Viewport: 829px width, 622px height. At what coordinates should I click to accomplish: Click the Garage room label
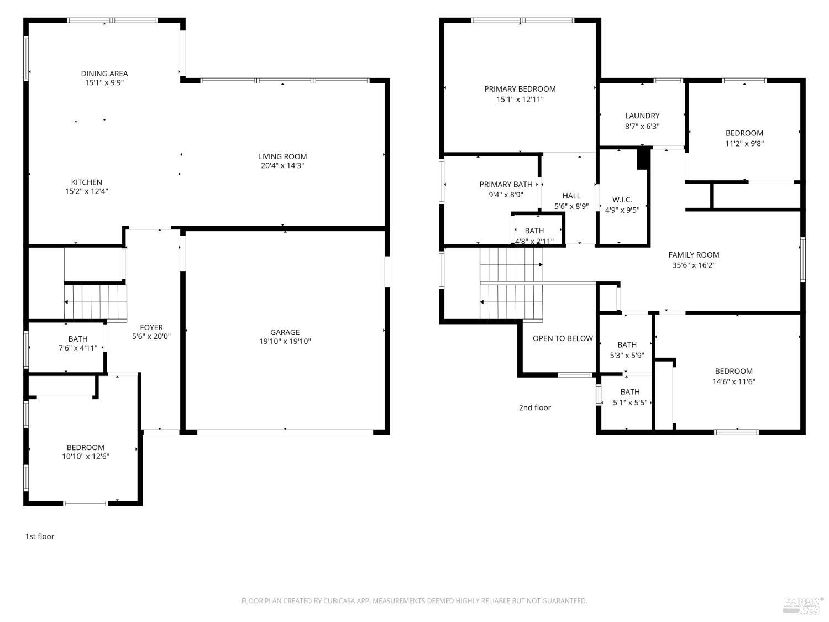tap(285, 332)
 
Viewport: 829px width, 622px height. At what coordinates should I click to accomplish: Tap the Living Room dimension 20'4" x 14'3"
tap(282, 166)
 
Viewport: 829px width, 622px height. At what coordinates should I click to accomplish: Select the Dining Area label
tap(104, 74)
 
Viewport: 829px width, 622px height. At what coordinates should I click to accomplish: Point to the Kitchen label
tap(87, 182)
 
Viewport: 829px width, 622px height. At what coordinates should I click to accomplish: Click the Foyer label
tap(151, 327)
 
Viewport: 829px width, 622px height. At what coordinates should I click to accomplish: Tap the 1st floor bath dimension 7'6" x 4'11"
tap(78, 348)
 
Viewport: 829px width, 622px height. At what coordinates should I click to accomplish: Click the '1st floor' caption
tap(40, 536)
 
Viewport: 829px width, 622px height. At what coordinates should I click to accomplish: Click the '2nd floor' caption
tap(534, 408)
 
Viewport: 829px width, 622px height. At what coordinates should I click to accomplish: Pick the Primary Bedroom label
tap(520, 89)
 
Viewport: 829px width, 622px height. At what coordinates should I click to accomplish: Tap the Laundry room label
tap(642, 116)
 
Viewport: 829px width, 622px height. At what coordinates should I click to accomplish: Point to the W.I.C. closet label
tap(622, 200)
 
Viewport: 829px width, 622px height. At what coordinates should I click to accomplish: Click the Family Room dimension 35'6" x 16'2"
tap(694, 265)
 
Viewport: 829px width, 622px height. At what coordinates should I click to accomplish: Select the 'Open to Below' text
tap(563, 338)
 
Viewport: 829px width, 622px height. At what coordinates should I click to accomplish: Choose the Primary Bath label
tap(506, 185)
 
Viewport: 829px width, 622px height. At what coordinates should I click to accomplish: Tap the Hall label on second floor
tap(571, 196)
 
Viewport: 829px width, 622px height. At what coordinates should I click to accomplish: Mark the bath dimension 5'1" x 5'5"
tap(630, 403)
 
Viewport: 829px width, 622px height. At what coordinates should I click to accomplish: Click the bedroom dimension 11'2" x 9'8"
tap(744, 144)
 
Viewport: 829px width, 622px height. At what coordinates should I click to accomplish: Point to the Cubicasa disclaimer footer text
tap(414, 601)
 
